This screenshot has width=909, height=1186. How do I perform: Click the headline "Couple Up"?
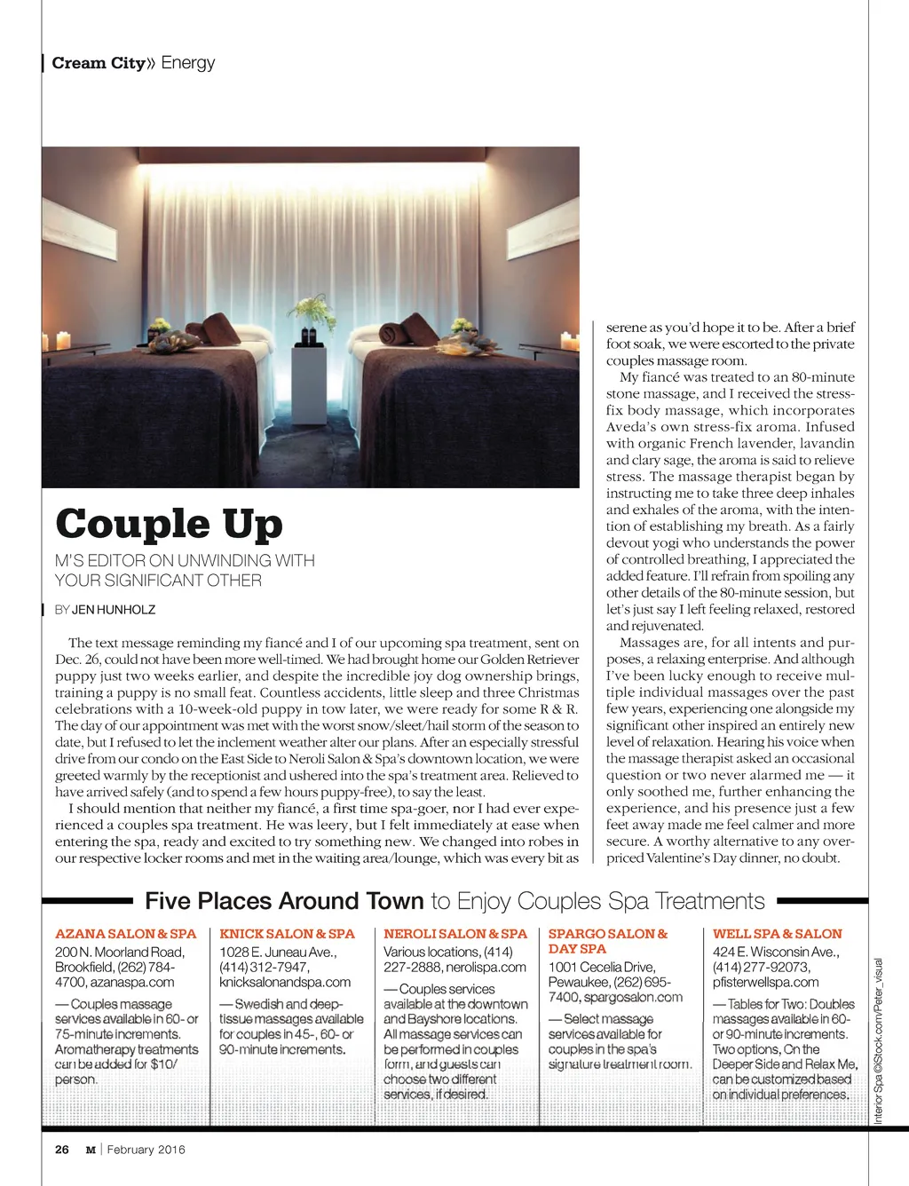click(x=169, y=524)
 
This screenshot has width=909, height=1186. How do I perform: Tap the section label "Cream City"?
click(x=98, y=63)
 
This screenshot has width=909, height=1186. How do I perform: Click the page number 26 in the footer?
click(x=62, y=1150)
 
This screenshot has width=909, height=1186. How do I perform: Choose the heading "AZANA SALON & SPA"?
click(x=125, y=934)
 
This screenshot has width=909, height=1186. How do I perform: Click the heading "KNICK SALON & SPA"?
click(x=287, y=934)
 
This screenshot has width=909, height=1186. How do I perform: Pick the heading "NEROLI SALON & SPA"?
click(x=455, y=934)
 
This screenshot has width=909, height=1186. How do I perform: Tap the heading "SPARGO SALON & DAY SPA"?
click(x=608, y=941)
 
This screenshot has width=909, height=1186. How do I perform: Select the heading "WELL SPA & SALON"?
click(x=778, y=934)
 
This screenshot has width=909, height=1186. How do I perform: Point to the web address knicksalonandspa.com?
click(x=285, y=983)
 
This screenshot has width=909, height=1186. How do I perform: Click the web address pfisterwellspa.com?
click(x=766, y=983)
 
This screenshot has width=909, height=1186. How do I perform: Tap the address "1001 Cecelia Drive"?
click(x=602, y=967)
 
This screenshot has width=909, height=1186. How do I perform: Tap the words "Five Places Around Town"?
click(x=284, y=902)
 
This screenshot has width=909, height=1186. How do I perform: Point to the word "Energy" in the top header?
click(x=188, y=63)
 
